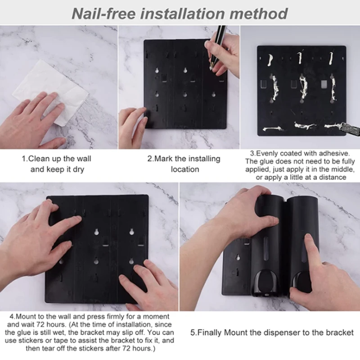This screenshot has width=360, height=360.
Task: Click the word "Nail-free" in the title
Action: coord(103,13)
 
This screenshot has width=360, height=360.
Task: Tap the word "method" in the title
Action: coord(258,13)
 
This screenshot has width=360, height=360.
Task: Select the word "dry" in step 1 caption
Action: coord(78,170)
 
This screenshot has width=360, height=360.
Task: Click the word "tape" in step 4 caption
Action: coord(68,340)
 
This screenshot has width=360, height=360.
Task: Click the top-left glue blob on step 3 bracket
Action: coord(270,60)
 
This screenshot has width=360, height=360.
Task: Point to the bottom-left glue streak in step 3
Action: coord(273,129)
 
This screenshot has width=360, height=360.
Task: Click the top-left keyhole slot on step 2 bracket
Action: coord(157,70)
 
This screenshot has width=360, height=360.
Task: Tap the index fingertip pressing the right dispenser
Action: coord(308,238)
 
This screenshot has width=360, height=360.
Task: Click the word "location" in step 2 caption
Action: coord(185,169)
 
